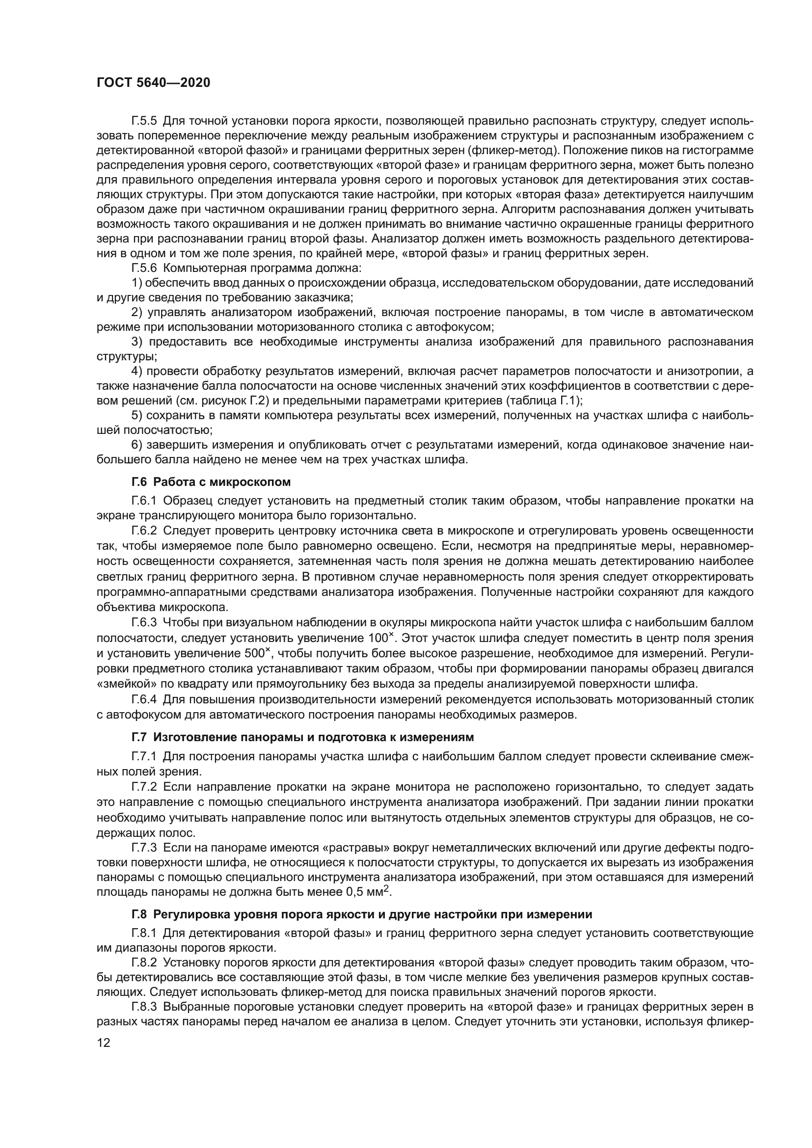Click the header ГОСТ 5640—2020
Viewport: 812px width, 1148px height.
point(153,83)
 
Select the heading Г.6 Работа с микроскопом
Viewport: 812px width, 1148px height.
point(211,482)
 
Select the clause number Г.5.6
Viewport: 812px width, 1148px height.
point(144,268)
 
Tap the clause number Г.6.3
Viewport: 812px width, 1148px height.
point(144,622)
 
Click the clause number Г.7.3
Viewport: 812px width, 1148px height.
point(144,848)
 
